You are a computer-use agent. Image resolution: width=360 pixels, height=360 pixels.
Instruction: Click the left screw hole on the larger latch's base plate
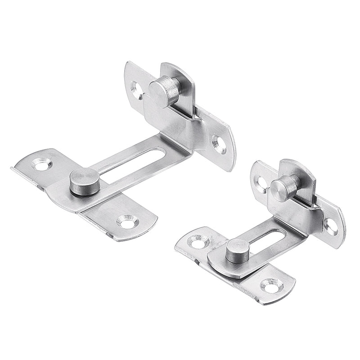click(x=41, y=165)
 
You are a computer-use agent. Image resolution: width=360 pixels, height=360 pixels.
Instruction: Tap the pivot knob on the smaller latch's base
click(x=237, y=251)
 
